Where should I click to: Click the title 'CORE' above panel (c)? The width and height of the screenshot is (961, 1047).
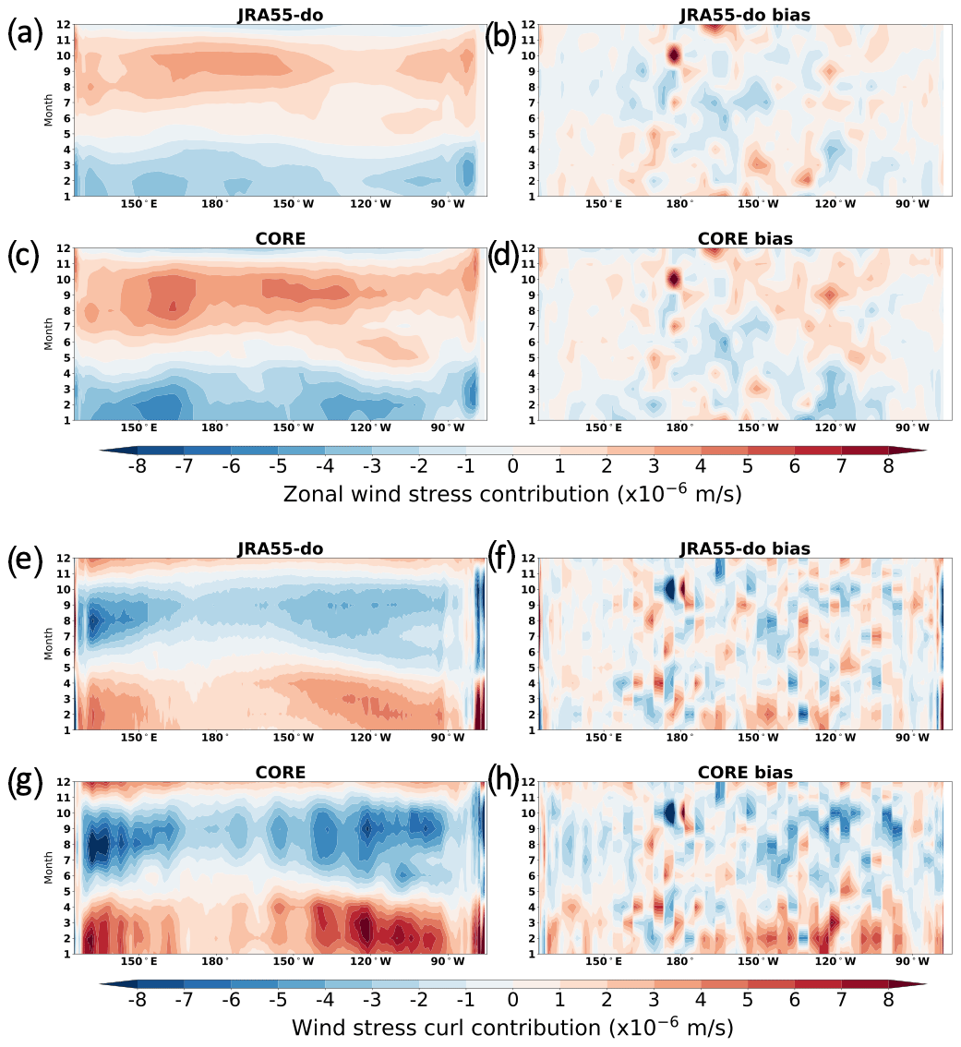pos(281,239)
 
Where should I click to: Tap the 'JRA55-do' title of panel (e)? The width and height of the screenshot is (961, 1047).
pos(281,549)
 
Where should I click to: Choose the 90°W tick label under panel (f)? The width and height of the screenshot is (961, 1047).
pos(911,738)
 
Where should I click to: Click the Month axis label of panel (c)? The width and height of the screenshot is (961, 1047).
pos(49,334)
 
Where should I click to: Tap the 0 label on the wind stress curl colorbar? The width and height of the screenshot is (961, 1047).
pos(512,998)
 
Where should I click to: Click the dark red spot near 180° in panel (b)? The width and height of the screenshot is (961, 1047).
pos(674,55)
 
